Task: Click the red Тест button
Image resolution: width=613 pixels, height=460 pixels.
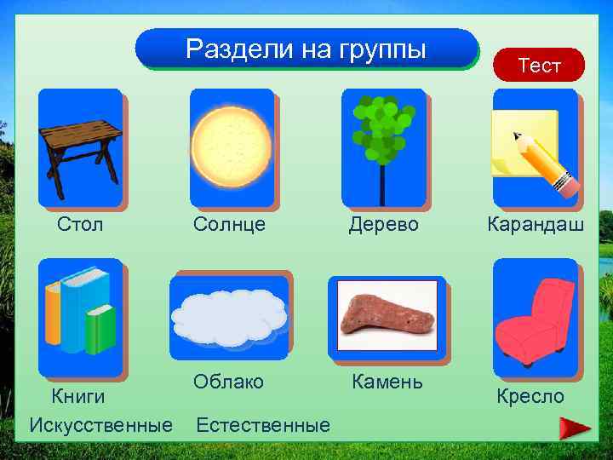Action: click(540, 65)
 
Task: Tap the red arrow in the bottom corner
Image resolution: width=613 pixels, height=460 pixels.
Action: click(576, 428)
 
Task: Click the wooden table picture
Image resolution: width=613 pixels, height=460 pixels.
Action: click(81, 148)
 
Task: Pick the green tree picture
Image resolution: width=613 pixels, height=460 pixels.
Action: click(382, 137)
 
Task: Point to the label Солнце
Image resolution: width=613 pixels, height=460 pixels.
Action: click(229, 225)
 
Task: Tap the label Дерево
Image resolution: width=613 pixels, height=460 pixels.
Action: click(384, 225)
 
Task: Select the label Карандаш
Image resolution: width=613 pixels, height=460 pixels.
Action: click(536, 225)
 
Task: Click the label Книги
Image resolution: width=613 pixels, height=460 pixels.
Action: click(78, 396)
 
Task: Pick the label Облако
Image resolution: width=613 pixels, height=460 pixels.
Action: click(228, 382)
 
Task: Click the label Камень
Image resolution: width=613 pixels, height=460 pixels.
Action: click(387, 382)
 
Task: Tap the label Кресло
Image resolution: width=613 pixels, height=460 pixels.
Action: click(530, 396)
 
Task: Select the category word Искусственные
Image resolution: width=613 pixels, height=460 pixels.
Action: click(100, 425)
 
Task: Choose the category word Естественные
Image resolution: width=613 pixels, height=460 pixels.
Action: click(263, 425)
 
